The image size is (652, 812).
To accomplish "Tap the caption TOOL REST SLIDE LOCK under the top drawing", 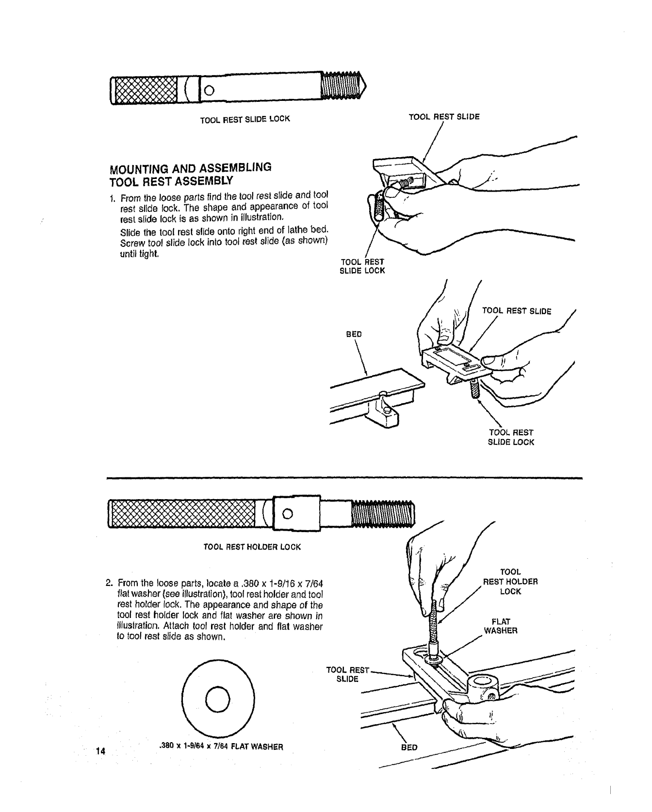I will [x=245, y=118].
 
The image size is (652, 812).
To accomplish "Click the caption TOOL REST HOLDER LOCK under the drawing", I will [x=252, y=547].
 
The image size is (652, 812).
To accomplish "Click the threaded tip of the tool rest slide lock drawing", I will [x=344, y=88].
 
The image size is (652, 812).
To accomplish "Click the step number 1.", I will [x=112, y=198].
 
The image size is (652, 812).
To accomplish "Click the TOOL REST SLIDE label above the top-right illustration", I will [x=444, y=117].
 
